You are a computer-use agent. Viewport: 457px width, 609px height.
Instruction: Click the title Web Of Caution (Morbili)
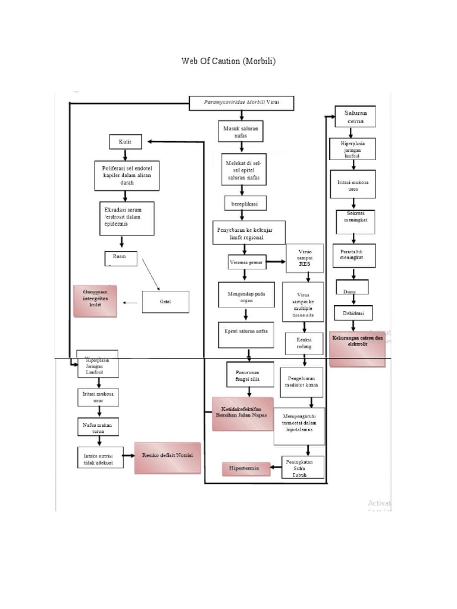click(228, 62)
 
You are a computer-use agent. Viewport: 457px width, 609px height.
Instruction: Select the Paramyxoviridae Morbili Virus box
click(242, 102)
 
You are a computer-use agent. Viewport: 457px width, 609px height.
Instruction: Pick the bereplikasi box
click(245, 203)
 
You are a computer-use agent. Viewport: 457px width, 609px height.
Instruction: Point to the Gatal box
click(165, 302)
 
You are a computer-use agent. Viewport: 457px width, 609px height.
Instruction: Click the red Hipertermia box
click(244, 469)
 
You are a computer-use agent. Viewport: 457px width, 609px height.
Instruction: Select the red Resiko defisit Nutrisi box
click(167, 457)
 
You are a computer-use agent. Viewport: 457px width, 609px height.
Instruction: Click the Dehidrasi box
click(353, 312)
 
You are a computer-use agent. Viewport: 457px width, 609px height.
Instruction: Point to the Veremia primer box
click(246, 262)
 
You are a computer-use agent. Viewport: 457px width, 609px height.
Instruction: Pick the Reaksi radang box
click(304, 342)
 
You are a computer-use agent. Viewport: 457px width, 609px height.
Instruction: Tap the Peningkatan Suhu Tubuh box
click(303, 466)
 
